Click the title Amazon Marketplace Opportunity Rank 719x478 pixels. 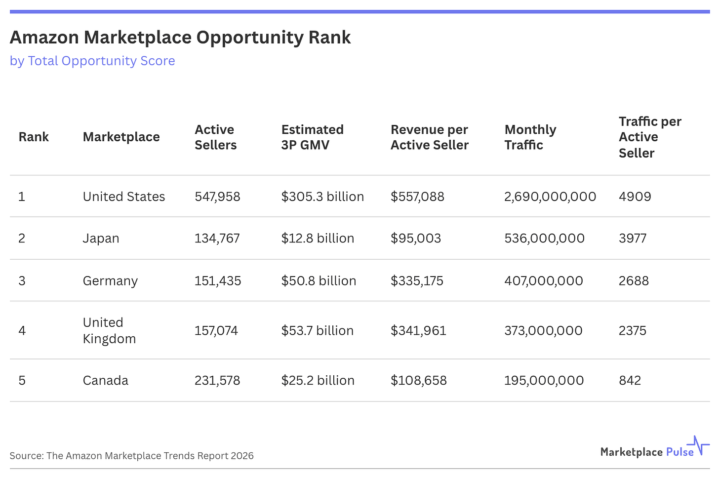[180, 38]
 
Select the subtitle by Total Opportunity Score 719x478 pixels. [92, 61]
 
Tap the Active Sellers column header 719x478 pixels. [215, 137]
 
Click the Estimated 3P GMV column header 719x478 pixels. [312, 137]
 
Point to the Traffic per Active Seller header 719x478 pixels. [649, 137]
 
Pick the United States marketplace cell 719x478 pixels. [123, 197]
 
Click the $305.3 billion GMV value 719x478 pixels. [322, 197]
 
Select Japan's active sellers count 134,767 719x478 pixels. [217, 239]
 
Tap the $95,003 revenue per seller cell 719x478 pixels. [415, 239]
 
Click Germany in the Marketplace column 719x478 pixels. [110, 281]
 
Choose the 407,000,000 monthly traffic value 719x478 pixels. [543, 281]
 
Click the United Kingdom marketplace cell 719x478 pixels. [109, 330]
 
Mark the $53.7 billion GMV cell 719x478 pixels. [317, 331]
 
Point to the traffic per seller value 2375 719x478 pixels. [632, 331]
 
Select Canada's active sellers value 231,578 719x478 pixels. [217, 381]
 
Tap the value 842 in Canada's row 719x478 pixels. [630, 381]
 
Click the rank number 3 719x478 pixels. [22, 281]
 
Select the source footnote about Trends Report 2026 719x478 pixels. [131, 456]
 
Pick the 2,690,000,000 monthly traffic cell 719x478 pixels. [550, 197]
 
